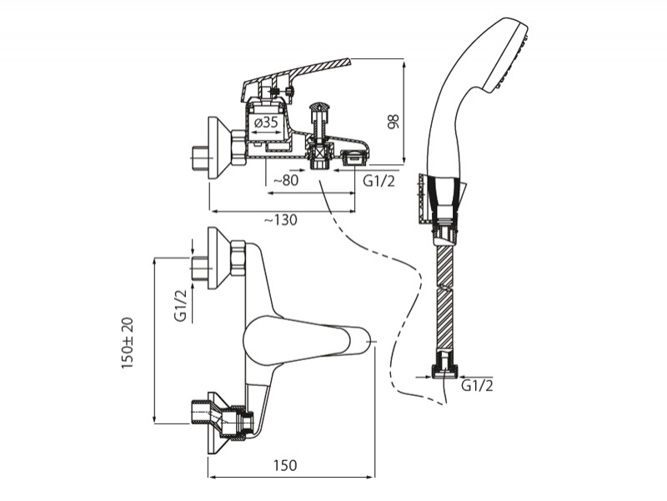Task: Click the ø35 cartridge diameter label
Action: (x=265, y=123)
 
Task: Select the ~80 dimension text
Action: (x=286, y=178)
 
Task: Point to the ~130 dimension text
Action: (x=278, y=219)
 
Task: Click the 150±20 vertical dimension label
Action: (x=128, y=342)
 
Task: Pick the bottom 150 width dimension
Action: (x=283, y=465)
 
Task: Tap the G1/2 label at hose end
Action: (x=477, y=385)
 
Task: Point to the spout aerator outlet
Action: (x=354, y=157)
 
